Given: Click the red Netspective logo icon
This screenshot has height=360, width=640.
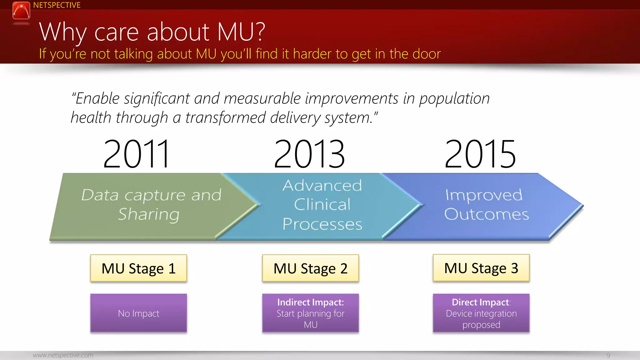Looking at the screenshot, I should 21,11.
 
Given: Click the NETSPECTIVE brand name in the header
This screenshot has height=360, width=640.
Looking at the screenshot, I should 57,5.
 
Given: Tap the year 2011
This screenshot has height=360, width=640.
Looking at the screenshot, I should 137,154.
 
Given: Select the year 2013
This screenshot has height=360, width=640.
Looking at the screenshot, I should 309,154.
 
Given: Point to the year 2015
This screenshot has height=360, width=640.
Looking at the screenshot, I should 480,154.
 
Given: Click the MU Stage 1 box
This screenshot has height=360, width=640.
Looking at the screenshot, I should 138,268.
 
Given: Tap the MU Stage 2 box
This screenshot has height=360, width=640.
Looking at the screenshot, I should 310,268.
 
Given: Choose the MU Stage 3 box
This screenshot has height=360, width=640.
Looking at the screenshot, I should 481,268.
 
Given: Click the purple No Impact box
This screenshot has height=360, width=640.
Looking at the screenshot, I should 138,313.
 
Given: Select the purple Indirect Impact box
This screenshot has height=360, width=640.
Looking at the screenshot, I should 310,313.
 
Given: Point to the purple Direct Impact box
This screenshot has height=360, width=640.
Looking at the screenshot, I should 481,313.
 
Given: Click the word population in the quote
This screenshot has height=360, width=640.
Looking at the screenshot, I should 454,99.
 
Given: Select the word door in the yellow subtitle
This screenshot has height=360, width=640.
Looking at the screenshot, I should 426,54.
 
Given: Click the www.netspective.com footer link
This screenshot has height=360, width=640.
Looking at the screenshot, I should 63,355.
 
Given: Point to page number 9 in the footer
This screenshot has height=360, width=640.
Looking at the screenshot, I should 608,355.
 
